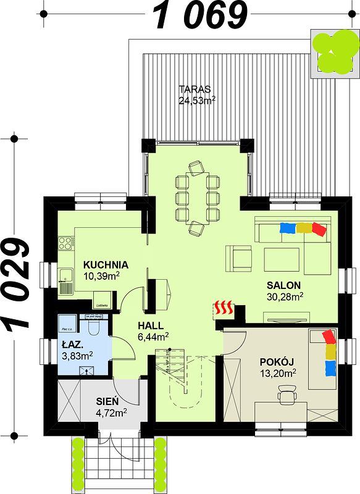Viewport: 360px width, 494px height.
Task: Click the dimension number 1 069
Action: coord(199,15)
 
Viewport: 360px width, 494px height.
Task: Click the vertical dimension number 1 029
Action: coord(17,283)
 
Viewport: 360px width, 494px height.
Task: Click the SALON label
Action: coord(283,285)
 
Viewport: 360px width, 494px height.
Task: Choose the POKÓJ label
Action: coord(277,361)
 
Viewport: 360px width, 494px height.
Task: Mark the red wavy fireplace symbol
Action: coord(224,306)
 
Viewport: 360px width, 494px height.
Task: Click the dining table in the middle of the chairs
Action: coord(198,198)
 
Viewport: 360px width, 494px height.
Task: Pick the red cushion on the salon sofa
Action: coord(319,229)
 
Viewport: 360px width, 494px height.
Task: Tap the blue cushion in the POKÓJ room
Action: coord(330,369)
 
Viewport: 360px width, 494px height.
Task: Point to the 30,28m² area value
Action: coord(284,297)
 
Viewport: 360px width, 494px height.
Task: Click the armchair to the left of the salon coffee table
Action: coord(238,258)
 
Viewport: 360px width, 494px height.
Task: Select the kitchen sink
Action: coord(65,282)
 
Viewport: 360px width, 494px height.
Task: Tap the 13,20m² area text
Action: coord(277,372)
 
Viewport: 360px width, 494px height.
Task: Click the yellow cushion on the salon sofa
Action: coord(303,228)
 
